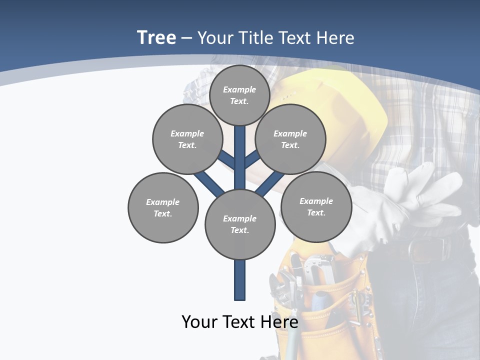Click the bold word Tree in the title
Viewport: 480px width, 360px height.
(x=156, y=37)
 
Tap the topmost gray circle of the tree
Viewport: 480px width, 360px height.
(x=239, y=95)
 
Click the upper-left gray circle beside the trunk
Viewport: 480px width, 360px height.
(x=187, y=139)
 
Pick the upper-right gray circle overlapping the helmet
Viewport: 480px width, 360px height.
(x=290, y=139)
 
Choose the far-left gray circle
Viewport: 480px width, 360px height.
(x=163, y=207)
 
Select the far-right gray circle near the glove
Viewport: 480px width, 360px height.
(x=316, y=206)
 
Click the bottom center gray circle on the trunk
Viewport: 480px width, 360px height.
(x=239, y=224)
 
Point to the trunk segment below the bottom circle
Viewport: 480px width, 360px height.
(x=239, y=280)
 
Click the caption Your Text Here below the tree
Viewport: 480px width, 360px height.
(x=239, y=322)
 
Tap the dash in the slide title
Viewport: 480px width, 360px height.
(x=186, y=38)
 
